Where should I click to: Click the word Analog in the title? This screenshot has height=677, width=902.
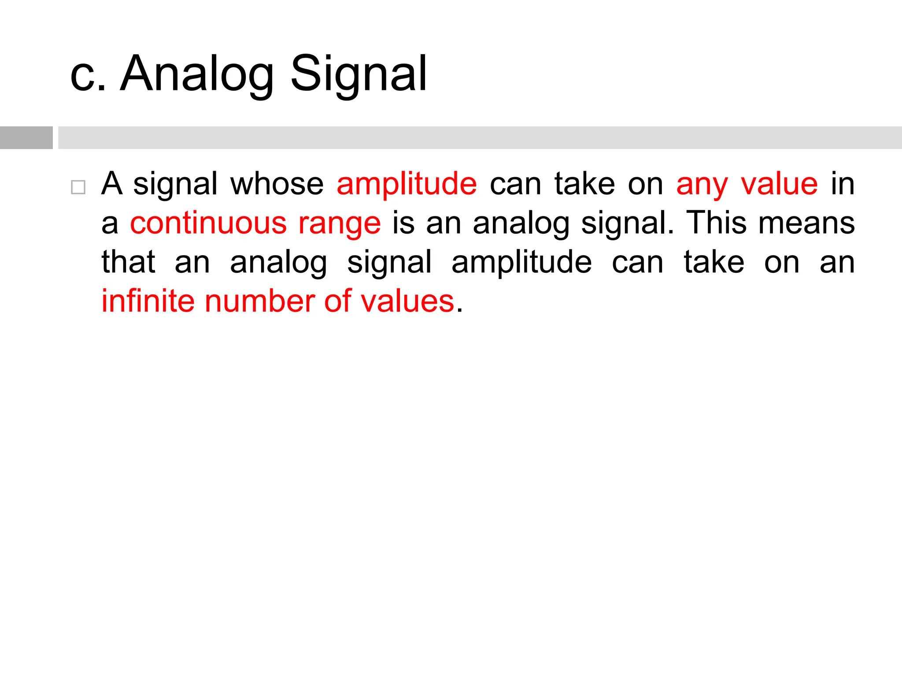click(x=197, y=74)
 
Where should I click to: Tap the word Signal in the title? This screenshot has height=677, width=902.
click(x=359, y=74)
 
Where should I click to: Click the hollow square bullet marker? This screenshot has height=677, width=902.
click(x=78, y=187)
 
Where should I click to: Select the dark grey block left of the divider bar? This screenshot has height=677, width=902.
click(x=26, y=138)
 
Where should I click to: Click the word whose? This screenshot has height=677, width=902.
click(x=277, y=184)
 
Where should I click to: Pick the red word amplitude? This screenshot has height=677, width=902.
click(x=407, y=184)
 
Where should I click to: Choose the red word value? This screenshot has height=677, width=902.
click(x=779, y=184)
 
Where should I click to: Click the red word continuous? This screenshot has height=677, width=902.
click(x=208, y=223)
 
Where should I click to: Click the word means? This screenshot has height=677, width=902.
click(x=806, y=224)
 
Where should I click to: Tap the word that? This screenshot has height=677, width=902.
click(x=128, y=262)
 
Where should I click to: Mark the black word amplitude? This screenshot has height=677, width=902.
click(x=522, y=263)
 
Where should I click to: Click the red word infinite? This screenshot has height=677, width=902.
click(x=148, y=301)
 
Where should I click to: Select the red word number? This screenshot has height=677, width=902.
click(x=260, y=301)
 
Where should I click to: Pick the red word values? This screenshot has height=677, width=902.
click(x=407, y=301)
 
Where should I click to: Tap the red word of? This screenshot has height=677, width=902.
click(x=338, y=301)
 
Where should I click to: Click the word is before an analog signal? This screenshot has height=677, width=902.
click(x=403, y=223)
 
